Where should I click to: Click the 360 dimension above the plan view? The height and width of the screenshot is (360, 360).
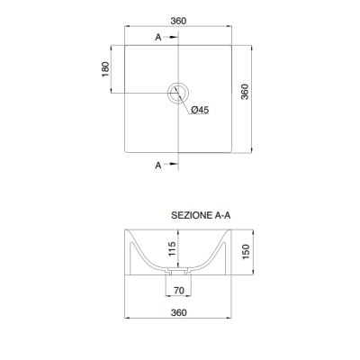[178, 21]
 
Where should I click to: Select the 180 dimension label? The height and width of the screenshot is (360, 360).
[105, 69]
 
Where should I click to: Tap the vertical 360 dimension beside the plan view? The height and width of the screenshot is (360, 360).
[245, 92]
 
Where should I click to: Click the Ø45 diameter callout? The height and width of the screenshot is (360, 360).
[200, 110]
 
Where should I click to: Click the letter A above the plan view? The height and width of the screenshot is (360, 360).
[158, 37]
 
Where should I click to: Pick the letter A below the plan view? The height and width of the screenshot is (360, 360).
[158, 165]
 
